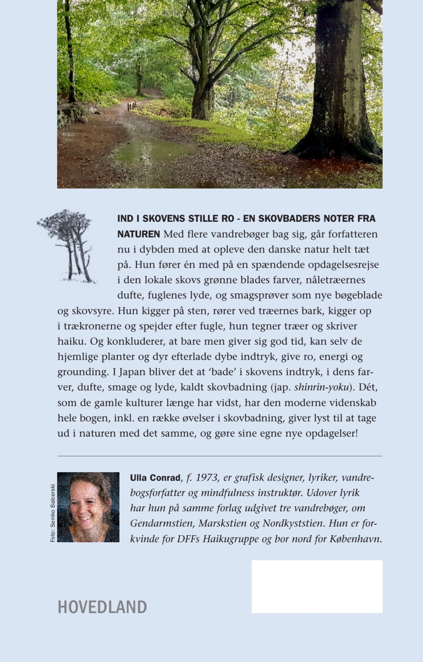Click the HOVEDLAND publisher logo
(102, 607)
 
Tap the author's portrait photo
(88, 507)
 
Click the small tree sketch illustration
(67, 246)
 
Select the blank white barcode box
(317, 586)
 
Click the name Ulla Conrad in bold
(155, 478)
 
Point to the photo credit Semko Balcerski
(53, 513)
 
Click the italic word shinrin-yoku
(321, 387)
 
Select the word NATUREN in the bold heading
(139, 234)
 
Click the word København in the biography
(355, 539)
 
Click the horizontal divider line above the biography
(220, 456)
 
